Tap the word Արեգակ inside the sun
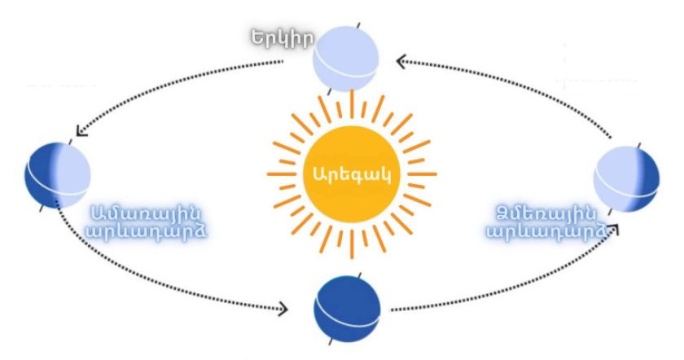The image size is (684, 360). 352,173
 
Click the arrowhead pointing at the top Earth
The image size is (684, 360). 401,60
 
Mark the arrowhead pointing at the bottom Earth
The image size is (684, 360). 284,310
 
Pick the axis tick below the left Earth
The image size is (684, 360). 42,209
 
